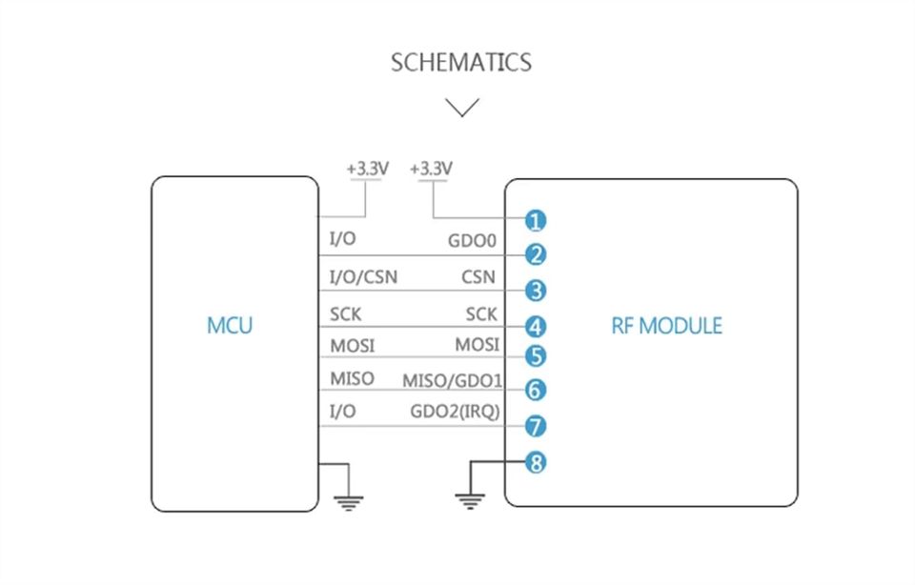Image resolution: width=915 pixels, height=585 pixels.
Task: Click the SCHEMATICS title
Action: (x=461, y=63)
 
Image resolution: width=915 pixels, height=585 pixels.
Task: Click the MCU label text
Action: (x=230, y=326)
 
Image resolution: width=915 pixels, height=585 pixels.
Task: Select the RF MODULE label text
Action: (x=666, y=326)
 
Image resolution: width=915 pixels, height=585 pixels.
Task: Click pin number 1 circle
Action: (x=535, y=221)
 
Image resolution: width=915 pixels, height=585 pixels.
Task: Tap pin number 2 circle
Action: (x=535, y=255)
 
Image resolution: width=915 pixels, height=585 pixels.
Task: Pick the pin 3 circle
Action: (x=535, y=291)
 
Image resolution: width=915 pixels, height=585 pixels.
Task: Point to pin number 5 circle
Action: (x=535, y=355)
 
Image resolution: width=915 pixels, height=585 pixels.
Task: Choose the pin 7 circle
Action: (x=535, y=426)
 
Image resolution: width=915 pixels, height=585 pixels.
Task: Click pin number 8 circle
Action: (x=535, y=463)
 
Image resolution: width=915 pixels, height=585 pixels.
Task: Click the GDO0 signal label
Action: (x=472, y=240)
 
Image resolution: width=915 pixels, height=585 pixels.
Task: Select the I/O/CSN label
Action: (x=363, y=276)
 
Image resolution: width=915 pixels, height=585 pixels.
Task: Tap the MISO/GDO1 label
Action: (x=452, y=381)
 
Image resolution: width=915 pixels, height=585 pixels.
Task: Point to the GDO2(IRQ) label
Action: (x=456, y=412)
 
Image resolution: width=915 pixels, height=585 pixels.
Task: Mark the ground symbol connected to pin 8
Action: (x=470, y=501)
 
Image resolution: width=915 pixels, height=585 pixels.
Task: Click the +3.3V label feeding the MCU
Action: (x=368, y=169)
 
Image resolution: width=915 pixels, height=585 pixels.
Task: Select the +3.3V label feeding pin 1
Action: (x=431, y=169)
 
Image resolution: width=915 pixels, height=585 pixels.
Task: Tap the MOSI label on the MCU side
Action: (x=353, y=346)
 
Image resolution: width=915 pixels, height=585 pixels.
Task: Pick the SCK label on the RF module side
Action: (x=481, y=314)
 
